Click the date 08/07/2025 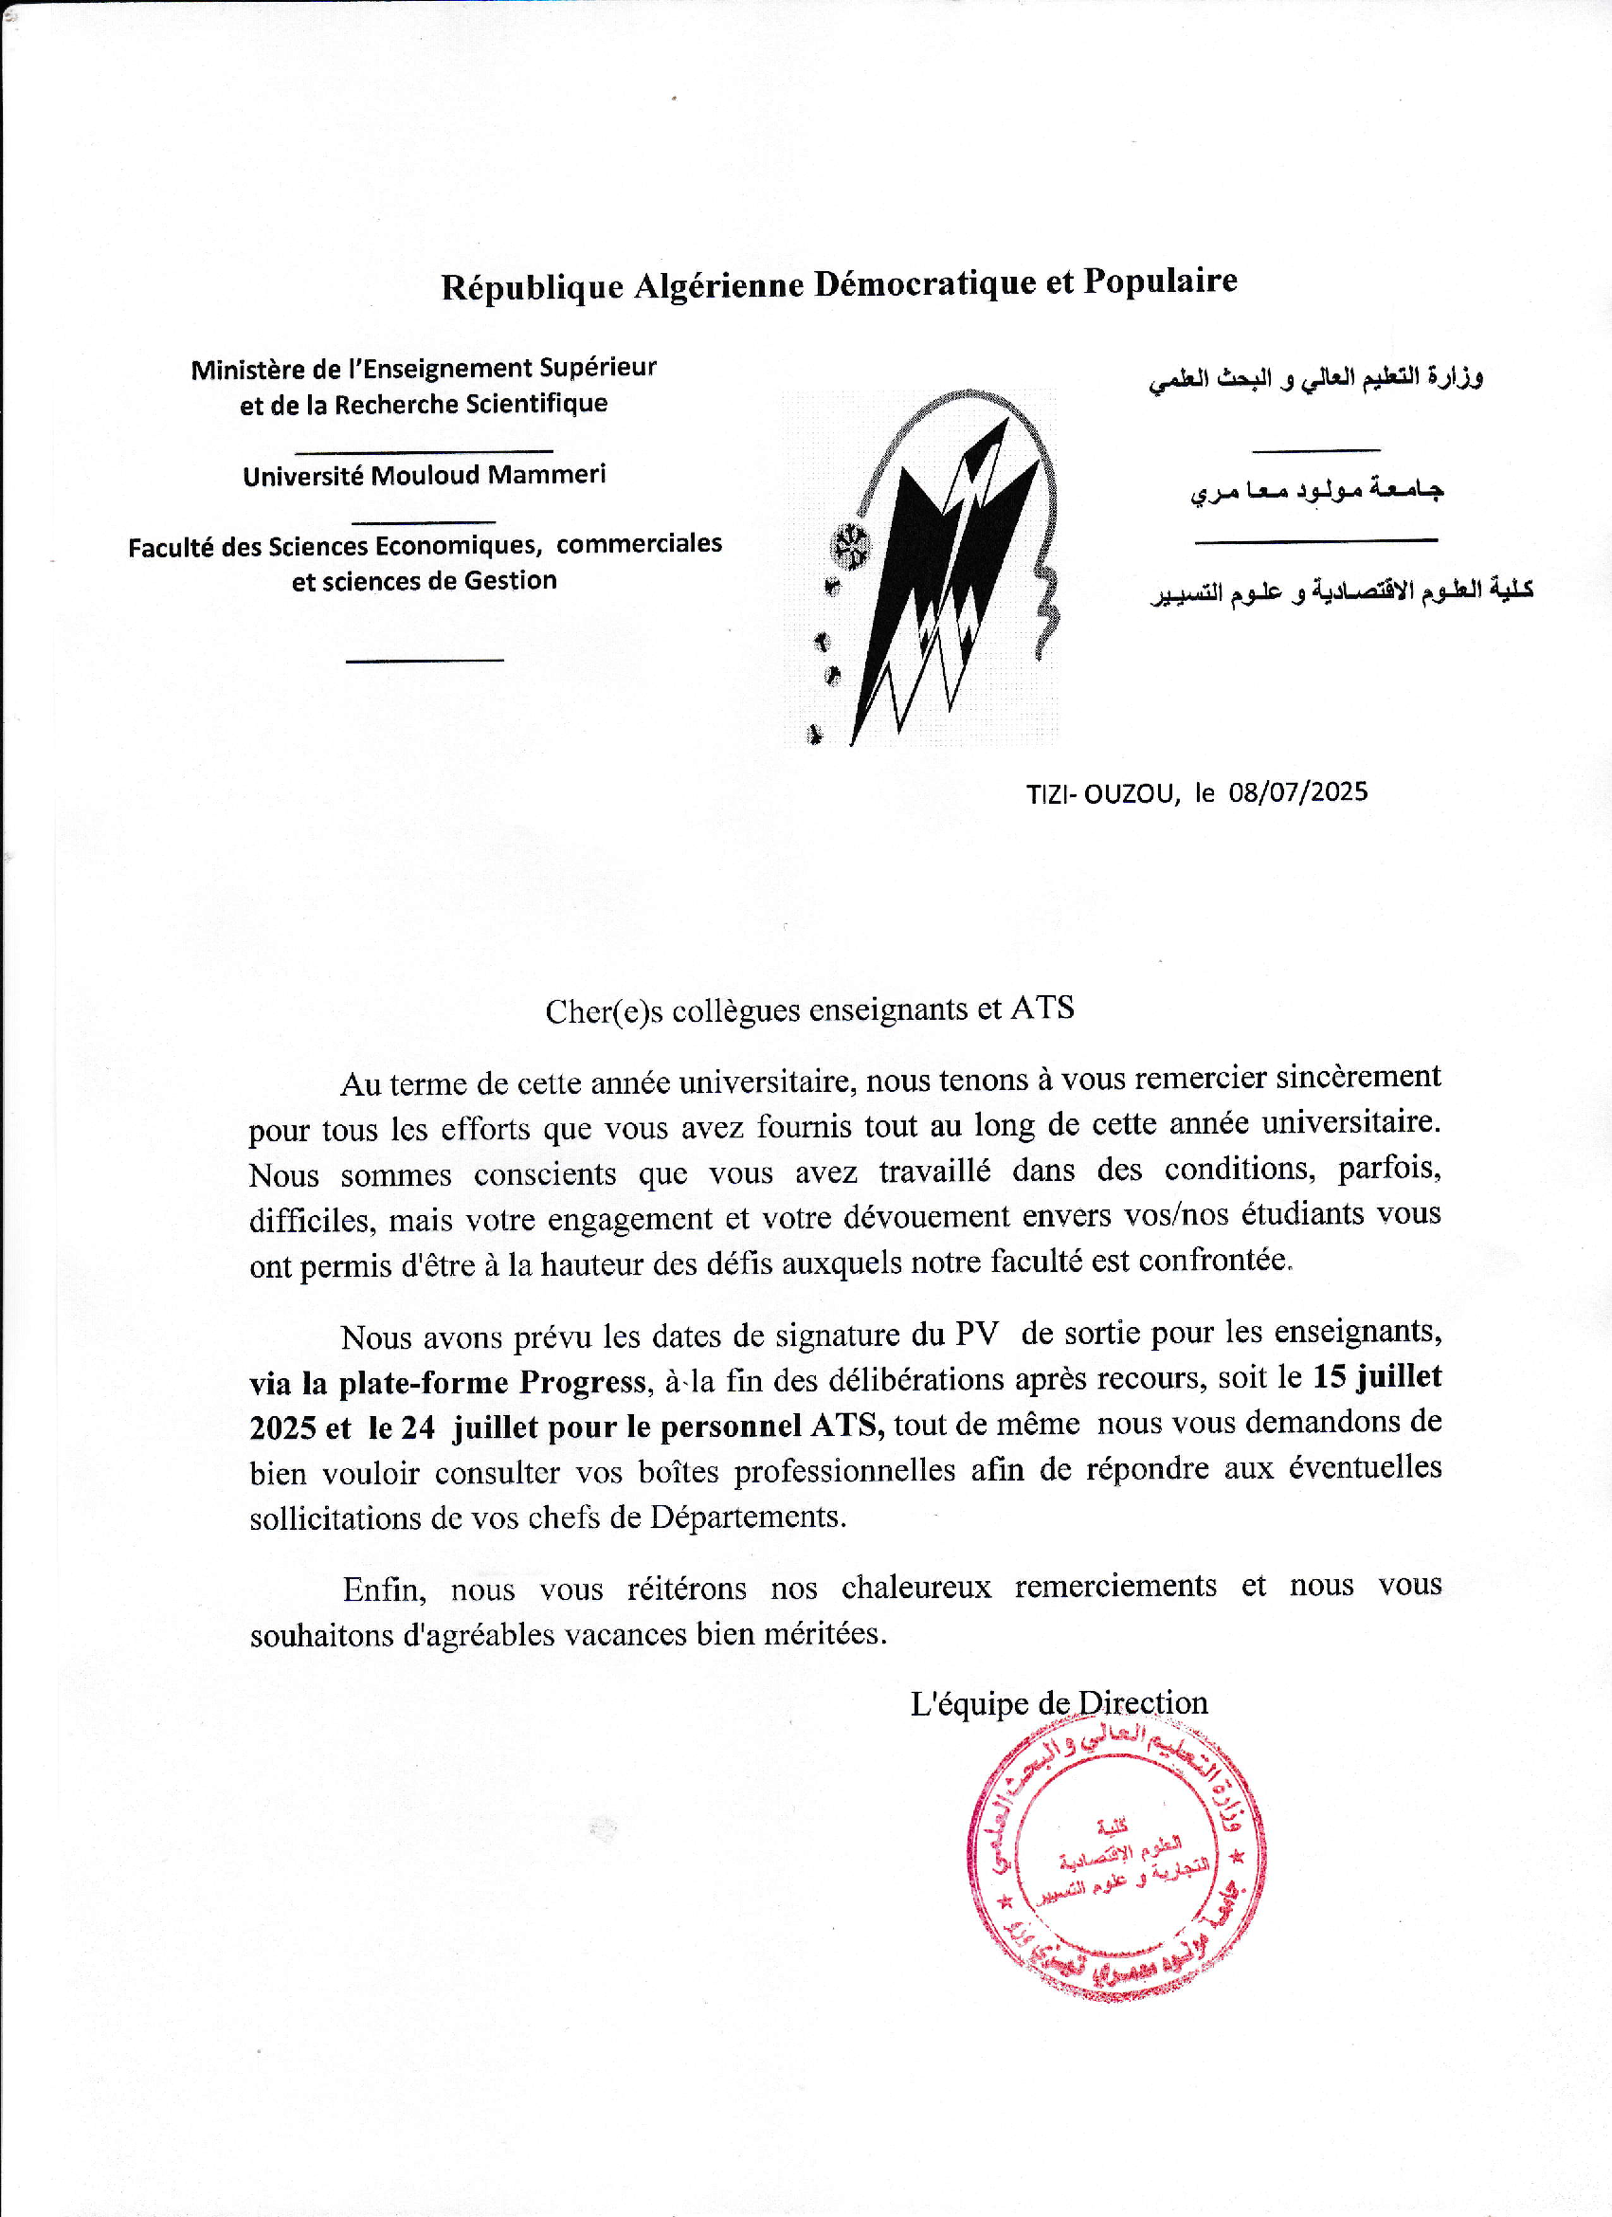coord(1298,791)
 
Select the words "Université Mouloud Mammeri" coord(425,476)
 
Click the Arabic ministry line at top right coord(1315,378)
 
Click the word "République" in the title coord(532,287)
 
